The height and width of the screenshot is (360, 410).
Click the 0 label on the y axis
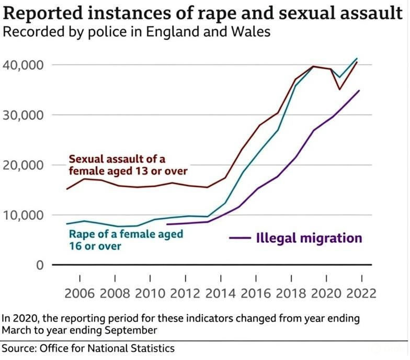tap(38, 265)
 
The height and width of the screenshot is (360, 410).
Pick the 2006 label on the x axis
tap(80, 293)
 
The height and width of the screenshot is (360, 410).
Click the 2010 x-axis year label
tap(151, 293)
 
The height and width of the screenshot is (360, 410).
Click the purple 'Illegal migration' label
tap(309, 238)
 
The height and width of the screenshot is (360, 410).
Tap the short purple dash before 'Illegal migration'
tap(240, 239)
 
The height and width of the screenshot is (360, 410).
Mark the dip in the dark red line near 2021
tap(339, 89)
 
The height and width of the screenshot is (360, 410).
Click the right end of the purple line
tap(359, 91)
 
